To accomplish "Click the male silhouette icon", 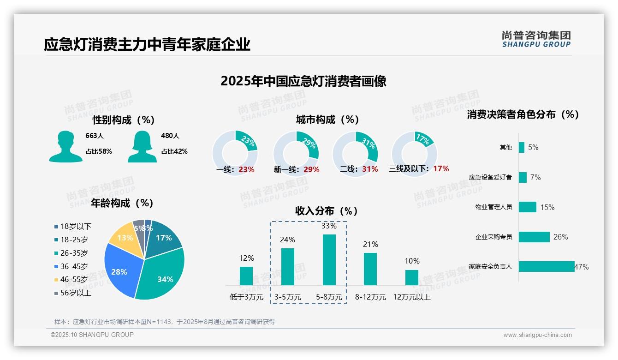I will [x=65, y=146].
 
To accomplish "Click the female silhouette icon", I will [x=142, y=146].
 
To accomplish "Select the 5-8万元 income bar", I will [x=329, y=259].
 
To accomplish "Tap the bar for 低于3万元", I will [x=246, y=276].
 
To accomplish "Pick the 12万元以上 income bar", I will [x=411, y=277].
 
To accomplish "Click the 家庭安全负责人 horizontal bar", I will [x=547, y=266].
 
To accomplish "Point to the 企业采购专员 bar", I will [x=534, y=237].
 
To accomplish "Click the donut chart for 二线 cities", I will [x=355, y=153].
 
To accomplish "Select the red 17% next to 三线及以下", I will [x=441, y=169].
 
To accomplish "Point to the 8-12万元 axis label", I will [x=370, y=297].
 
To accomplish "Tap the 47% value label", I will [x=582, y=267].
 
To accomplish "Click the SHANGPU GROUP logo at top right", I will [x=536, y=39].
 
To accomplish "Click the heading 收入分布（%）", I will [x=327, y=211].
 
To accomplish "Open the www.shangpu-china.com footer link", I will [x=537, y=335].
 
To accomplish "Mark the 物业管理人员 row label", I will [x=493, y=207].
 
